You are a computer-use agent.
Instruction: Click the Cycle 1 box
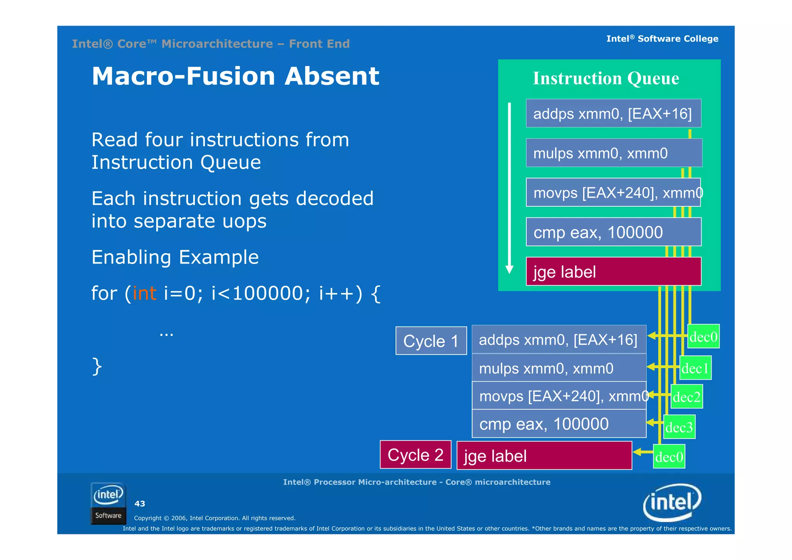[x=431, y=341]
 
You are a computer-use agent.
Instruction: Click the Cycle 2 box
[x=415, y=455]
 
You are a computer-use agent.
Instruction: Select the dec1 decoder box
[x=695, y=368]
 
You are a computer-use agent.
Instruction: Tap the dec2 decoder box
[x=686, y=397]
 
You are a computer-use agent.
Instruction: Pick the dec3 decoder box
[x=679, y=427]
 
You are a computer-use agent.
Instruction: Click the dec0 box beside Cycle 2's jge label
[x=669, y=457]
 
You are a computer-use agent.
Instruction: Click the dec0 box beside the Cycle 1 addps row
[x=703, y=336]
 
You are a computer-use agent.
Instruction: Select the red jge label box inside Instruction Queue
[x=613, y=271]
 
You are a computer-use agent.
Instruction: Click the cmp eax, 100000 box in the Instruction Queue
[x=613, y=232]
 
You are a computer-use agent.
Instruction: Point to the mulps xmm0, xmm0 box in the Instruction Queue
[x=613, y=153]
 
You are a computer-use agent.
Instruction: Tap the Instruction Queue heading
[x=606, y=78]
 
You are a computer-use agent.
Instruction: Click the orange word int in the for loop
[x=144, y=293]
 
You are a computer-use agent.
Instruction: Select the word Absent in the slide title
[x=332, y=76]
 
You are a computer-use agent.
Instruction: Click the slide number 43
[x=140, y=503]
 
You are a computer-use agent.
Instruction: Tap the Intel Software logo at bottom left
[x=108, y=503]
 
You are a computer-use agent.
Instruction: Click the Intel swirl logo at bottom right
[x=672, y=502]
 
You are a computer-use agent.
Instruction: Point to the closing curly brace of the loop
[x=97, y=366]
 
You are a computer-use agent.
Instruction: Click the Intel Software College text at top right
[x=662, y=39]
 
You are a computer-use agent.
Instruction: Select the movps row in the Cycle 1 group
[x=559, y=396]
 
